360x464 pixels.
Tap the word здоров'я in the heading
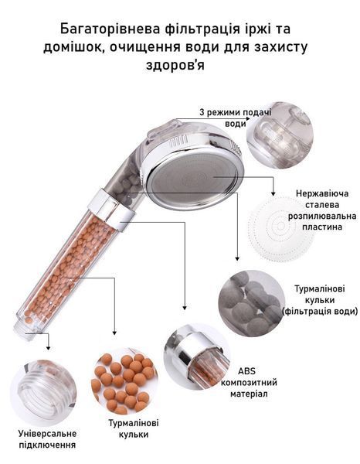pyautogui.click(x=175, y=66)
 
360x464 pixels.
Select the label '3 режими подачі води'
pyautogui.click(x=236, y=118)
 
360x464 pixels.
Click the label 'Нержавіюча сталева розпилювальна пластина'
pyautogui.click(x=322, y=210)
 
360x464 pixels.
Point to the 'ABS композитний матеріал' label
pyautogui.click(x=249, y=382)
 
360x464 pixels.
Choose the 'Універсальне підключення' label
pyautogui.click(x=47, y=439)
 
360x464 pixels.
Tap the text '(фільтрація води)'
pyautogui.click(x=320, y=312)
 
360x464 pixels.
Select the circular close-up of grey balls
pyautogui.click(x=252, y=303)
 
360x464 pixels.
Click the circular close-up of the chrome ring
pyautogui.click(x=197, y=357)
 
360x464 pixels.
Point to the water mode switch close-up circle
pyautogui.click(x=280, y=135)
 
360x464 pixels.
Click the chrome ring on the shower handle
pyautogui.click(x=110, y=204)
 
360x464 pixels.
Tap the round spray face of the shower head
pyautogui.click(x=194, y=179)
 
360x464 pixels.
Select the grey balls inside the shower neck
pyautogui.click(x=130, y=189)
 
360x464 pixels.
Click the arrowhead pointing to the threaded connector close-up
pyautogui.click(x=48, y=348)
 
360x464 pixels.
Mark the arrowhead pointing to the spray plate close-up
pyautogui.click(x=273, y=193)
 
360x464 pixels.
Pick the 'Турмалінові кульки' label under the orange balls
pyautogui.click(x=134, y=428)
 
